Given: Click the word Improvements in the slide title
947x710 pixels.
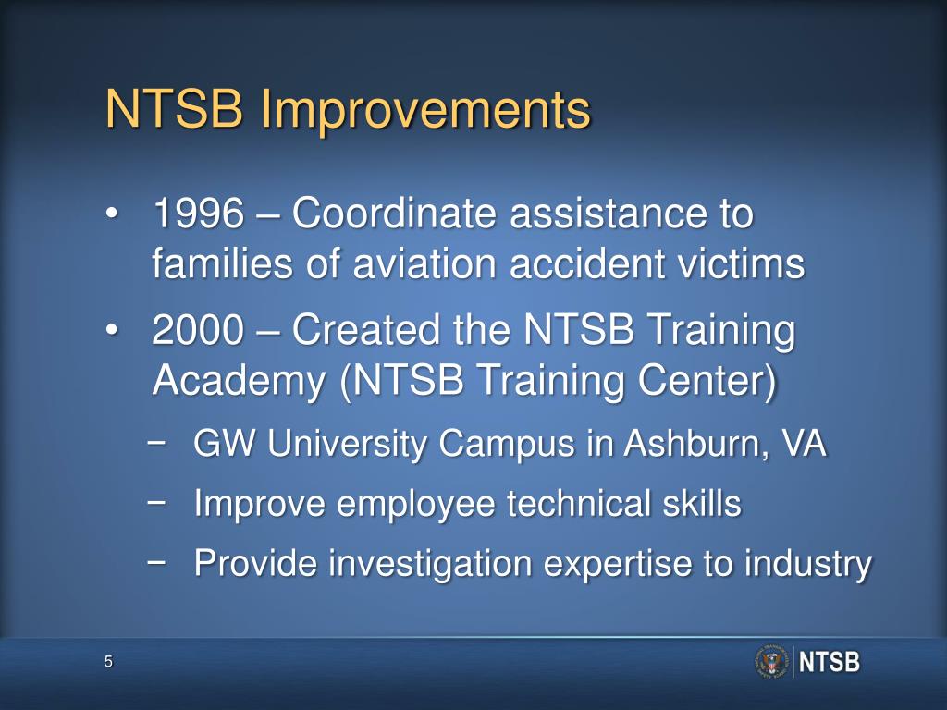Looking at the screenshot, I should pos(424,111).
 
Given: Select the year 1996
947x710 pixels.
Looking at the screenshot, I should pos(198,215).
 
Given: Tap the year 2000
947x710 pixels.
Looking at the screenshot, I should pos(198,331).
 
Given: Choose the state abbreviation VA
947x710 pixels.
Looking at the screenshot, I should pos(804,446).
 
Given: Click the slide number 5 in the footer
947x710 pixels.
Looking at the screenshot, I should pos(108,661).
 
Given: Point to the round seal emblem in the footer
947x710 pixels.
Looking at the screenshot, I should pos(770,662).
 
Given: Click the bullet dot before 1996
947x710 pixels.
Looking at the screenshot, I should pos(112,216).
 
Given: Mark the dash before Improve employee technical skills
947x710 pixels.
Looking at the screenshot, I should pos(157,502).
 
